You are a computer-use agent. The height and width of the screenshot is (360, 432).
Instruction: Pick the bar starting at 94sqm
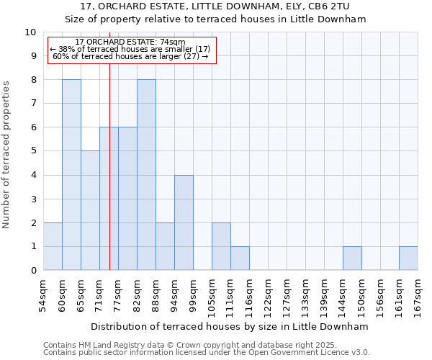(184, 222)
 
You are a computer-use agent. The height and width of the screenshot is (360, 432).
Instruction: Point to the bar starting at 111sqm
(240, 258)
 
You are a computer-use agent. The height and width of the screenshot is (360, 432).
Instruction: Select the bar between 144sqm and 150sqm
(352, 258)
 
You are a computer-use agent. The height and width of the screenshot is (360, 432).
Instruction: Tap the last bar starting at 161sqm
(408, 258)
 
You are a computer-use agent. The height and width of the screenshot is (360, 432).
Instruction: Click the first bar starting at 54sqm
(53, 246)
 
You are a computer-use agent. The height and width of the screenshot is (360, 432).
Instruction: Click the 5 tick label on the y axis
(33, 151)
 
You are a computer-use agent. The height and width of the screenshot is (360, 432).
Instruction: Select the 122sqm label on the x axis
(268, 295)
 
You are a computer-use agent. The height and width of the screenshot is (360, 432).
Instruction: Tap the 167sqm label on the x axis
(418, 295)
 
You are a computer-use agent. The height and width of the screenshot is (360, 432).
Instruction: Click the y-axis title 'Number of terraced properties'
(7, 155)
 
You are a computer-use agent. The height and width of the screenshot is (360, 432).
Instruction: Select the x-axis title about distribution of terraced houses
(230, 327)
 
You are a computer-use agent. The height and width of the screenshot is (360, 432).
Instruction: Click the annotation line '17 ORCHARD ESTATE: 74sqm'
(130, 42)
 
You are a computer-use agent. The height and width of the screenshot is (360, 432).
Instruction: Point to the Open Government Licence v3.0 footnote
(207, 353)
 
